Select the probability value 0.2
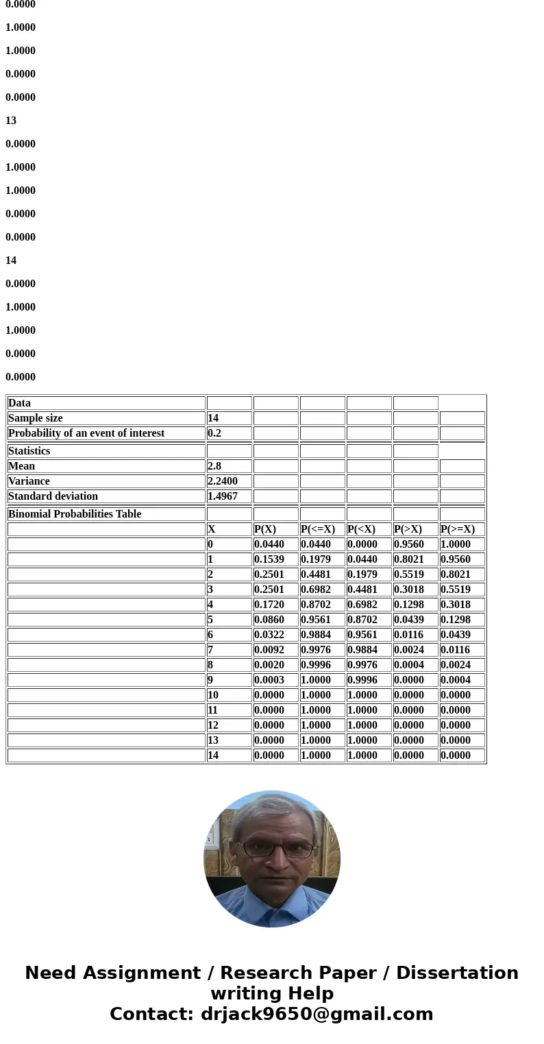click(x=214, y=433)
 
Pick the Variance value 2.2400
click(x=223, y=481)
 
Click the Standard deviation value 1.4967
click(x=223, y=496)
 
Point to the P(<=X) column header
click(x=318, y=529)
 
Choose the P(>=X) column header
click(x=458, y=529)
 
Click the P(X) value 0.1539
click(x=269, y=559)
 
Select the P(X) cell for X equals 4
click(x=269, y=605)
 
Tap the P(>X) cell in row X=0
click(x=409, y=544)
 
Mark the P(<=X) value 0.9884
click(x=316, y=635)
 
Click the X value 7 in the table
click(x=210, y=650)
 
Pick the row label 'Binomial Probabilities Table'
click(x=75, y=514)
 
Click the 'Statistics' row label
click(x=29, y=451)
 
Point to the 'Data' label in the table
click(x=19, y=403)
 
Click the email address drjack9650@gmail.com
click(x=317, y=1015)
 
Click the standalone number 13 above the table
click(x=11, y=121)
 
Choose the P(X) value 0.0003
click(x=269, y=680)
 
